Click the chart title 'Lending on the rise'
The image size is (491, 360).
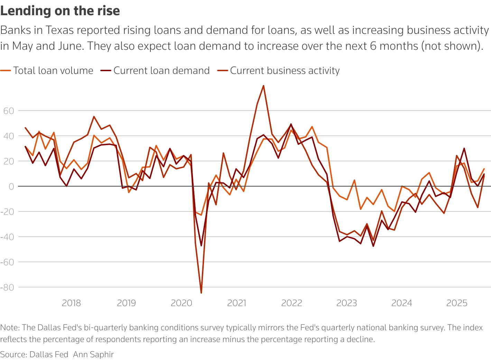tap(60, 11)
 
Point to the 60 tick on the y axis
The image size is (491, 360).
tap(9, 111)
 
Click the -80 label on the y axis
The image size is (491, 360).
tap(7, 287)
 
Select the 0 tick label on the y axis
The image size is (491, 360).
tap(11, 187)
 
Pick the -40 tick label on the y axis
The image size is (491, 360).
tap(7, 237)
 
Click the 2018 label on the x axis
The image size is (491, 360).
tap(71, 303)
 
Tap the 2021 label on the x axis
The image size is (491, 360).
tap(237, 303)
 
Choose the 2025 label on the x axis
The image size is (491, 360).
tap(457, 303)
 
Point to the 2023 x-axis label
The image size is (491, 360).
tap(346, 303)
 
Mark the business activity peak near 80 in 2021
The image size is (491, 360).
tap(263, 86)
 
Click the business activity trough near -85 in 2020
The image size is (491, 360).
tap(201, 293)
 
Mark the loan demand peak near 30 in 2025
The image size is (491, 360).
tap(464, 148)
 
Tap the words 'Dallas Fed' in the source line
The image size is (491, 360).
tap(49, 354)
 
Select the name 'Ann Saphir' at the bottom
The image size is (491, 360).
tap(93, 354)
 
